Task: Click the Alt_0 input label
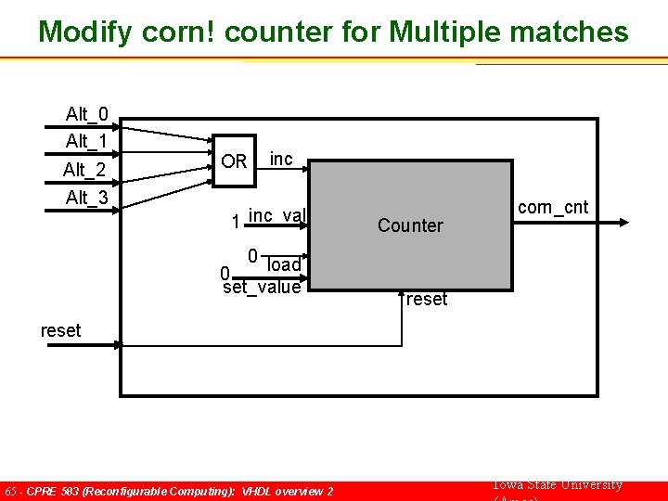pyautogui.click(x=86, y=114)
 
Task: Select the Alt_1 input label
pyautogui.click(x=86, y=141)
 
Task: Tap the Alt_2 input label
pyautogui.click(x=85, y=170)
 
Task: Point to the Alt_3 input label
pyautogui.click(x=86, y=198)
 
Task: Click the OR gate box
pyautogui.click(x=234, y=161)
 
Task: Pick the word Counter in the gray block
pyautogui.click(x=410, y=225)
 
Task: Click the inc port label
pyautogui.click(x=281, y=160)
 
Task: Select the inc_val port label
pyautogui.click(x=276, y=216)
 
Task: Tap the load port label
pyautogui.click(x=284, y=265)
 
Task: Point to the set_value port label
pyautogui.click(x=263, y=288)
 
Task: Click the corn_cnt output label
pyautogui.click(x=553, y=207)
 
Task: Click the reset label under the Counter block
pyautogui.click(x=427, y=300)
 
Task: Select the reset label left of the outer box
pyautogui.click(x=60, y=330)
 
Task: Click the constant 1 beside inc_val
pyautogui.click(x=237, y=222)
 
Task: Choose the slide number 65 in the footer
pyautogui.click(x=11, y=491)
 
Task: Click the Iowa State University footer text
pyautogui.click(x=555, y=485)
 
